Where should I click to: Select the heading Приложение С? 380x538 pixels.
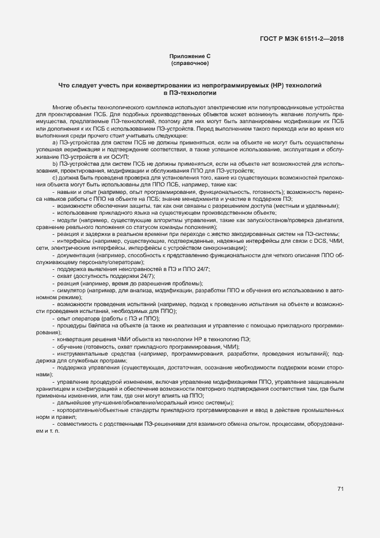pyautogui.click(x=190, y=56)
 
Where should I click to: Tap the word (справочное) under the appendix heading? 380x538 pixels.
pyautogui.click(x=190, y=63)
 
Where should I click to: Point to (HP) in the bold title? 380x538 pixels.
pyautogui.click(x=278, y=86)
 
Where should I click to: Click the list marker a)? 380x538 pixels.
pyautogui.click(x=54, y=142)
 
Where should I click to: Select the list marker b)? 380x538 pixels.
pyautogui.click(x=54, y=163)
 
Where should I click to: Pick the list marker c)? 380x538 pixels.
pyautogui.click(x=54, y=178)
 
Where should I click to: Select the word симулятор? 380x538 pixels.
pyautogui.click(x=71, y=291)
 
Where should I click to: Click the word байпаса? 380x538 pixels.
pyautogui.click(x=97, y=326)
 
